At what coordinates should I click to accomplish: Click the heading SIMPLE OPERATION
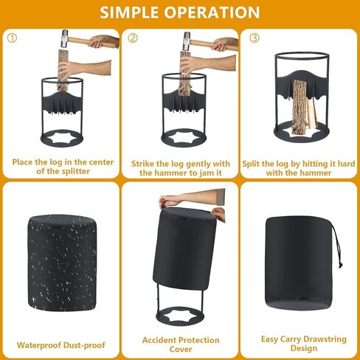[179, 13]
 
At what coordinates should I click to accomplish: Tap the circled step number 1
[12, 38]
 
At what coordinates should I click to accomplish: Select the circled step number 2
[133, 38]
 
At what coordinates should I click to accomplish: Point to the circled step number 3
[253, 38]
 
